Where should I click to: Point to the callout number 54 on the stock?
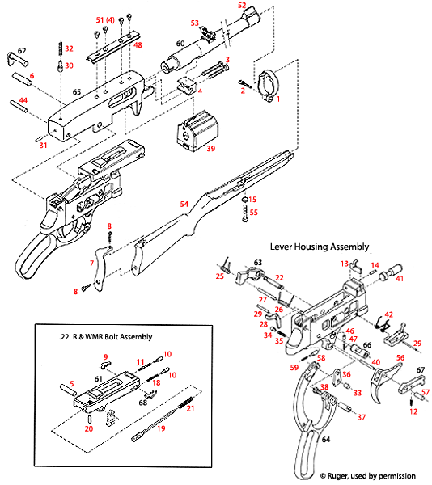click(x=184, y=205)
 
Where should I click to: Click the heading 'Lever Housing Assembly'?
click(x=319, y=246)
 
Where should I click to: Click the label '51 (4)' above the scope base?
click(x=105, y=19)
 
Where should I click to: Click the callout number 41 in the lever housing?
click(x=399, y=278)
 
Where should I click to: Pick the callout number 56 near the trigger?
click(x=399, y=357)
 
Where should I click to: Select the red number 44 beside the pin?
click(x=23, y=101)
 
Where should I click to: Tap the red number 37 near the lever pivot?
click(x=362, y=417)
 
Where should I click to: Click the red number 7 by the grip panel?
click(x=93, y=264)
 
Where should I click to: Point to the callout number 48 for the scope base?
click(x=138, y=45)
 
